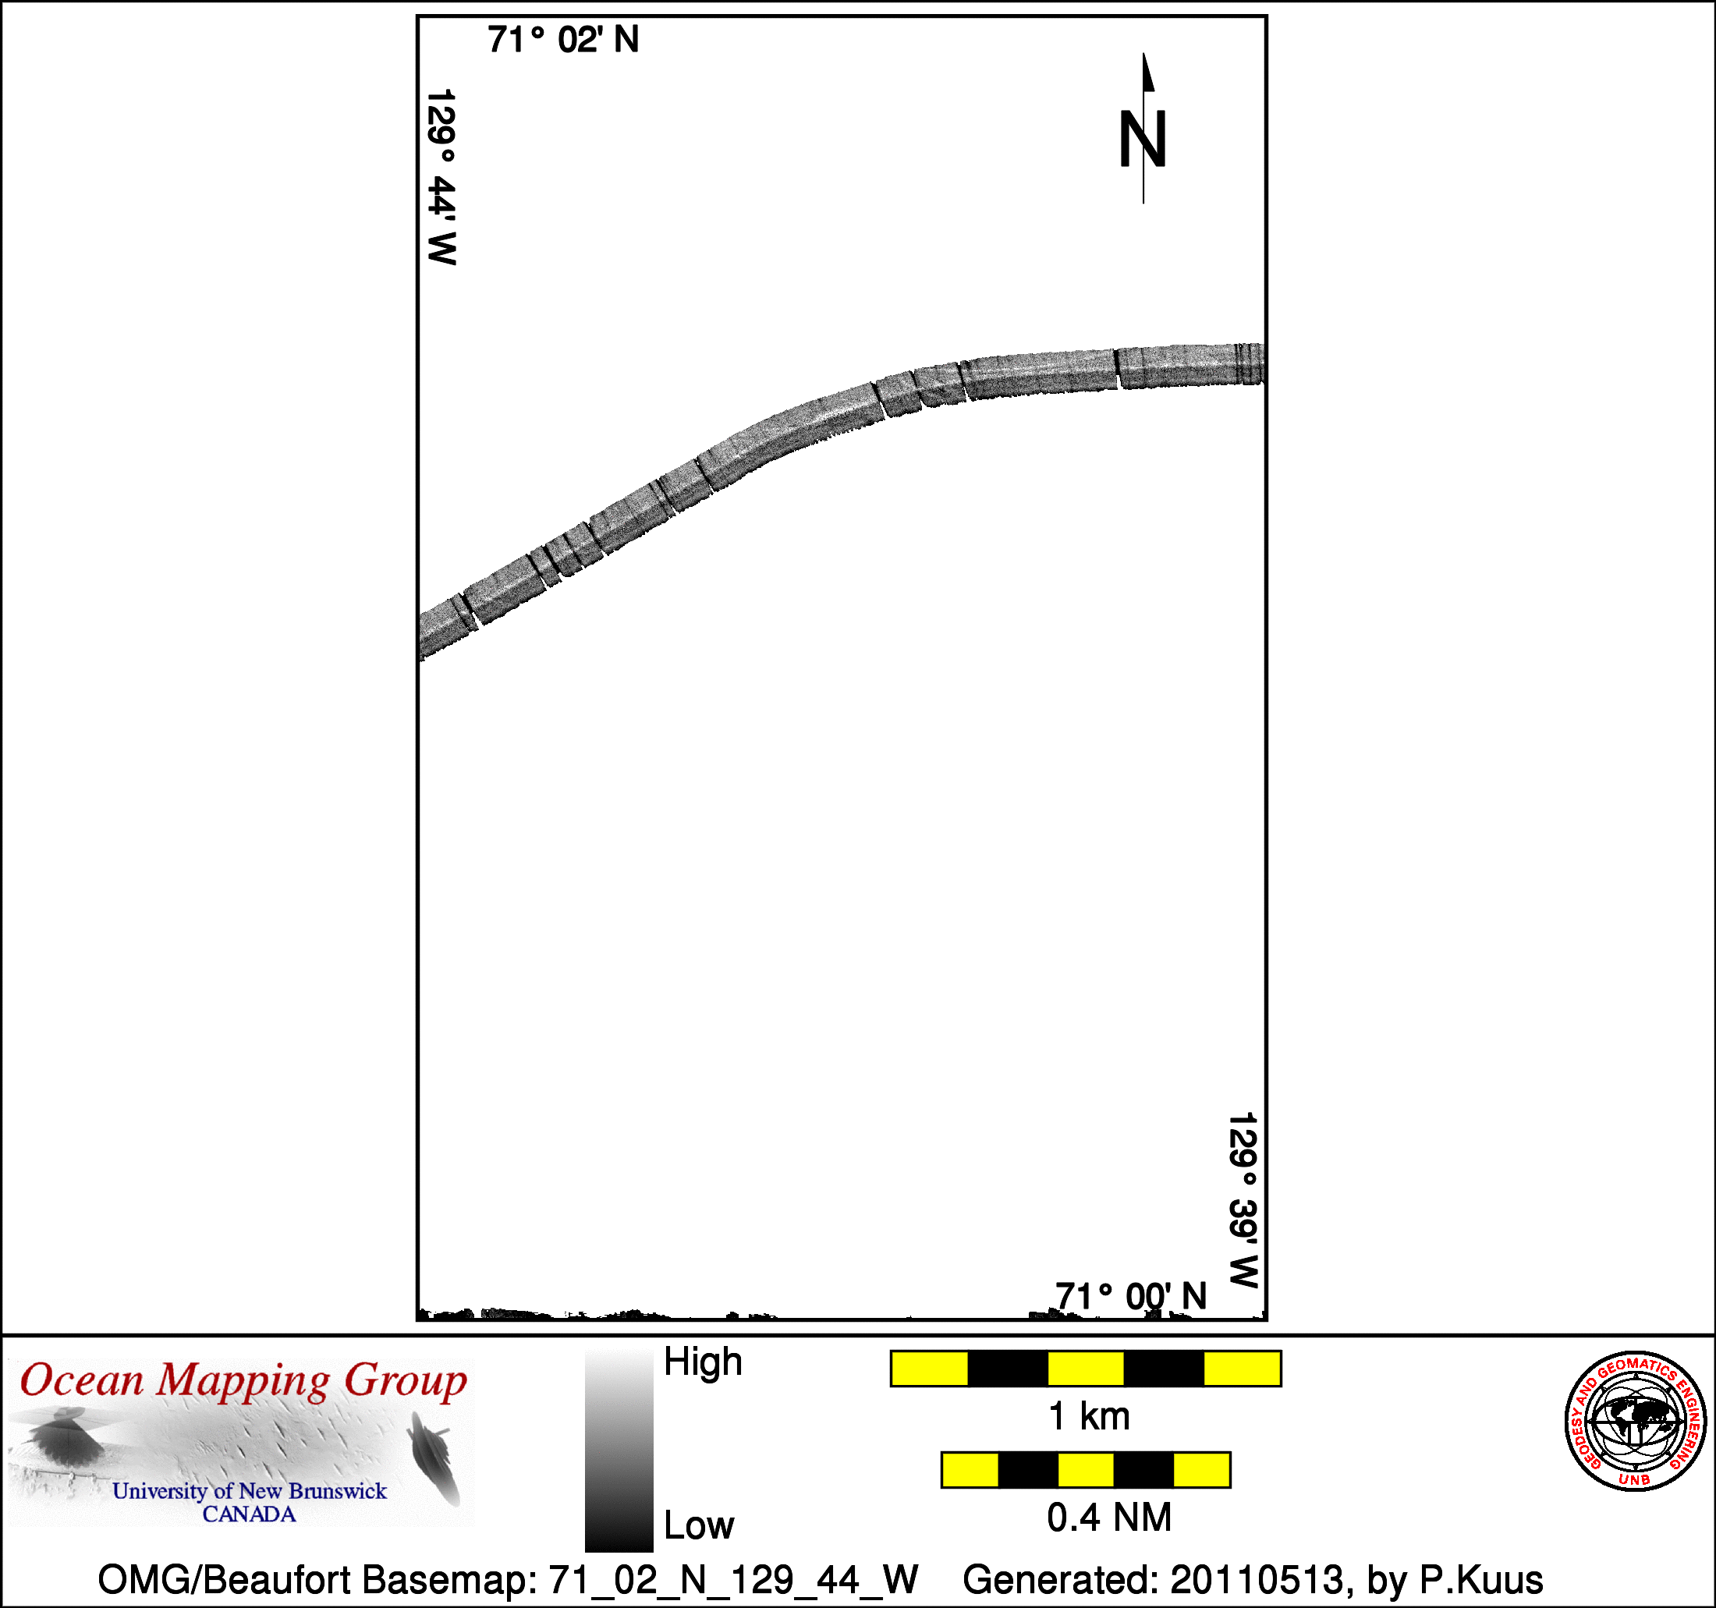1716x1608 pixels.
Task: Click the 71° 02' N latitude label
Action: (x=563, y=40)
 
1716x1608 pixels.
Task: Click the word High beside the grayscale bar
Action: (x=703, y=1362)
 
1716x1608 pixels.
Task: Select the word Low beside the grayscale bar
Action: (x=698, y=1526)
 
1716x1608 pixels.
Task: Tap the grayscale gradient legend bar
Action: (x=619, y=1452)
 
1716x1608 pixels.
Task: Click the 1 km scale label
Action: (x=1088, y=1416)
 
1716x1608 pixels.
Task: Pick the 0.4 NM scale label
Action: (x=1109, y=1518)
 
